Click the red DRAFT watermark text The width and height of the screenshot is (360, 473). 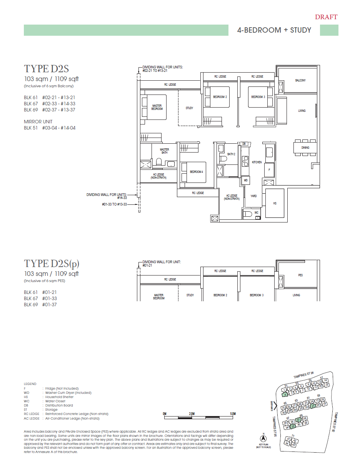pyautogui.click(x=326, y=17)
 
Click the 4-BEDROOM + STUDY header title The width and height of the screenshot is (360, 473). pyautogui.click(x=274, y=30)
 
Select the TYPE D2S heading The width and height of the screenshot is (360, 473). pyautogui.click(x=46, y=69)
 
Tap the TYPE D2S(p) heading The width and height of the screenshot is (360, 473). pyautogui.click(x=52, y=264)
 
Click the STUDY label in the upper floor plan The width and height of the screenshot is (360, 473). pyautogui.click(x=189, y=108)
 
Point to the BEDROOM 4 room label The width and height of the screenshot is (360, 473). pyautogui.click(x=196, y=172)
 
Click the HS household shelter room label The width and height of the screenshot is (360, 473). pyautogui.click(x=275, y=203)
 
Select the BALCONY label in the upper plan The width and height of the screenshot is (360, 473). pyautogui.click(x=300, y=80)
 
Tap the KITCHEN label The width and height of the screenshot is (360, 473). pyautogui.click(x=257, y=163)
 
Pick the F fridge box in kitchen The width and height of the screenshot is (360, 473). pyautogui.click(x=269, y=169)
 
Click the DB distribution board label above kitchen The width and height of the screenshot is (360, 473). pyautogui.click(x=244, y=144)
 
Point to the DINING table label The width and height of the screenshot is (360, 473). pyautogui.click(x=305, y=148)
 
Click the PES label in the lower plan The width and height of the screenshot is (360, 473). pyautogui.click(x=300, y=275)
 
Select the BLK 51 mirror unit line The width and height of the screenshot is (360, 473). pyautogui.click(x=50, y=128)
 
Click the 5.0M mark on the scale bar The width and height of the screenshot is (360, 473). pyautogui.click(x=232, y=414)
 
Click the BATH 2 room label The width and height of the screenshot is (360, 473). pyautogui.click(x=231, y=154)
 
